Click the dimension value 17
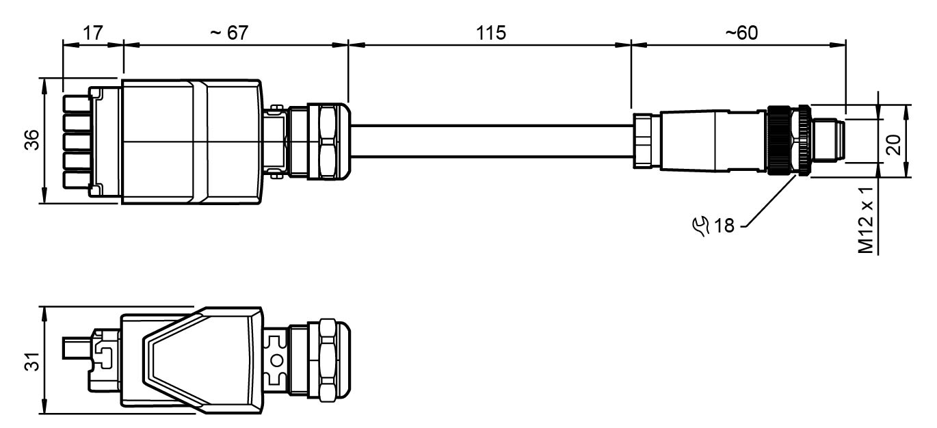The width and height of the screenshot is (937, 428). point(92,33)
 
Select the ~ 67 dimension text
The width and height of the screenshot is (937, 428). point(229,33)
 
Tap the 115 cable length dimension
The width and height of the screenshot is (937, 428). point(490,33)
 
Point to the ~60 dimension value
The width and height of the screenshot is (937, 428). point(741,33)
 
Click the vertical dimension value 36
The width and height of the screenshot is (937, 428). point(32,140)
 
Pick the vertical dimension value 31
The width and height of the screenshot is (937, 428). point(32,362)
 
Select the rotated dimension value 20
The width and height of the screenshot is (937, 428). point(893,145)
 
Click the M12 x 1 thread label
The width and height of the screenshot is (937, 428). point(866,220)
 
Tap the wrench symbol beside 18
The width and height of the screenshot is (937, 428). point(700,226)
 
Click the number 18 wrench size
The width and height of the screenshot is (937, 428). point(724,226)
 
